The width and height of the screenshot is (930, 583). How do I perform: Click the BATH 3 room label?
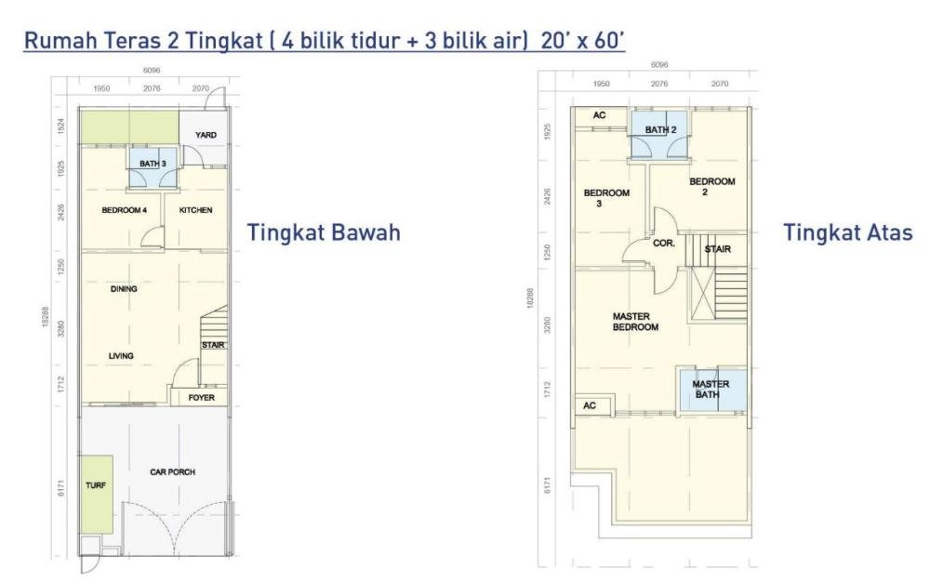[x=153, y=164]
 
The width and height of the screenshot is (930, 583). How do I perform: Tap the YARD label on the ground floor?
[x=206, y=135]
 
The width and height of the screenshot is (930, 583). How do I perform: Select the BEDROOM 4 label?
[x=124, y=210]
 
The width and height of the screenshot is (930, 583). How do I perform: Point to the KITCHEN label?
[x=195, y=210]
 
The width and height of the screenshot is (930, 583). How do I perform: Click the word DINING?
[x=124, y=289]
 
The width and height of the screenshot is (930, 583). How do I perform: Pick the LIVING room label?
[x=121, y=356]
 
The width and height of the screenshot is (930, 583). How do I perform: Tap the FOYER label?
[x=202, y=397]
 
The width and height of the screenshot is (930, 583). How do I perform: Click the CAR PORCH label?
[x=173, y=472]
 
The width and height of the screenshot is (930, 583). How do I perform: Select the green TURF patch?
[x=97, y=494]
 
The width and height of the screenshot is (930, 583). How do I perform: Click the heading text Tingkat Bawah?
[x=324, y=232]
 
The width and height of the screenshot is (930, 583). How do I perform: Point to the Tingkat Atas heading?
[x=848, y=232]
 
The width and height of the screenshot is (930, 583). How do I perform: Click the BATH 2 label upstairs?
[x=660, y=129]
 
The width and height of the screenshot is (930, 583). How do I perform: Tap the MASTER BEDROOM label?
[x=635, y=322]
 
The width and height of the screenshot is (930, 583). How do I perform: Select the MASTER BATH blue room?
[x=712, y=389]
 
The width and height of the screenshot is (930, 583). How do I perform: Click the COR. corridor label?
[x=664, y=244]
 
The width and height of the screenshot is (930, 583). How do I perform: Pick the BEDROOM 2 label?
[x=711, y=187]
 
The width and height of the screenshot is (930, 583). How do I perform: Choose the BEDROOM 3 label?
[x=606, y=198]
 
